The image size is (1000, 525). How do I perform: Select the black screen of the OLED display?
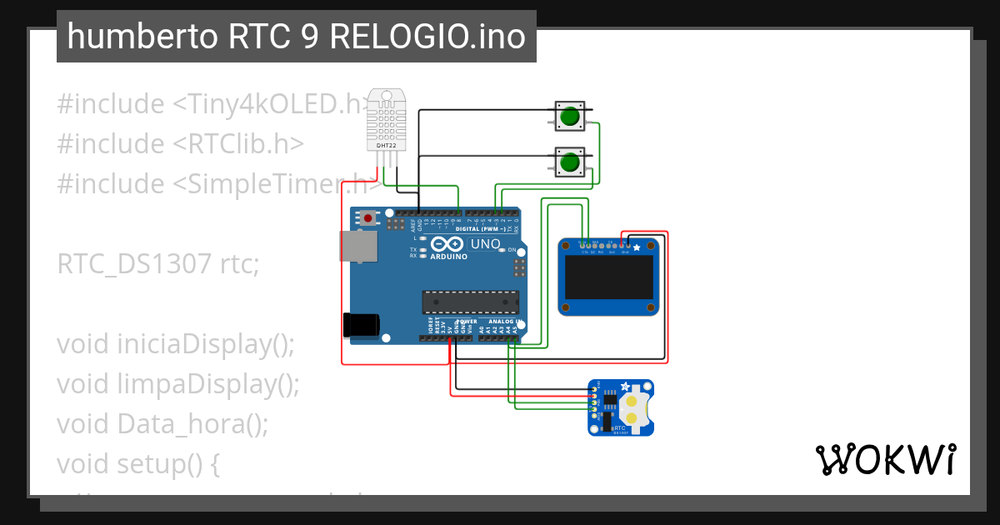tap(607, 278)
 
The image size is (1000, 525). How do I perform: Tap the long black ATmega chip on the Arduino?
tap(470, 303)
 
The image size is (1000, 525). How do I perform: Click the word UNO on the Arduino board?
tap(486, 244)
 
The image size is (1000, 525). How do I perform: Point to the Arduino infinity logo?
tap(447, 245)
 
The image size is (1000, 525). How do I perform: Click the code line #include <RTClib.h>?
tap(180, 144)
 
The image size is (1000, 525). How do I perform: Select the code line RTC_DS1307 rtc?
tap(158, 264)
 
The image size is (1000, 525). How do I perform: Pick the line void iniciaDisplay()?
tap(176, 343)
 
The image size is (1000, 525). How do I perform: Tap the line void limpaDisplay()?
tap(177, 383)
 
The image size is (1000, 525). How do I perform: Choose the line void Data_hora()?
tap(162, 423)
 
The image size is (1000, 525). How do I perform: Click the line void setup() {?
tap(138, 463)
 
